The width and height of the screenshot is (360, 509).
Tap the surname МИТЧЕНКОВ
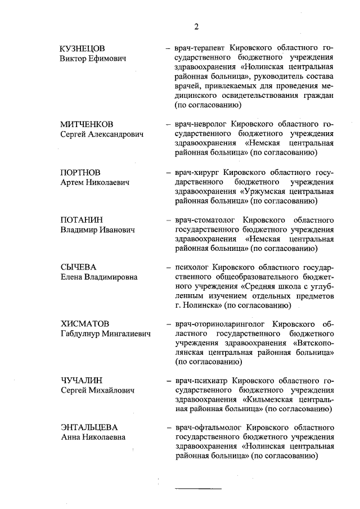pyautogui.click(x=87, y=124)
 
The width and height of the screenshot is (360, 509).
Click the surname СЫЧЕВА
pyautogui.click(x=79, y=267)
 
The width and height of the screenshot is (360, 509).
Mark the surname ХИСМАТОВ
pyautogui.click(x=84, y=325)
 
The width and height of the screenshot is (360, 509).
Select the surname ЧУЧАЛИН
pyautogui.click(x=82, y=381)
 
